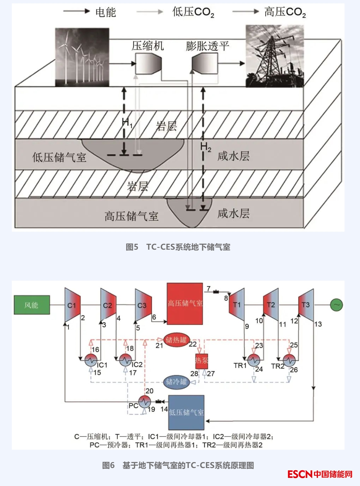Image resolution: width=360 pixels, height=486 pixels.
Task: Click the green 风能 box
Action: point(32,305)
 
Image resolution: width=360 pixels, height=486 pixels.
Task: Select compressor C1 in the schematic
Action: point(73,305)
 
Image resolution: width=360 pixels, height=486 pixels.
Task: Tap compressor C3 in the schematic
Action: point(143,305)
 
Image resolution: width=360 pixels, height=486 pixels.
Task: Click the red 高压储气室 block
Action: point(185,304)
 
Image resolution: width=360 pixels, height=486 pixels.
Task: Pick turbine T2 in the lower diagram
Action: point(271,305)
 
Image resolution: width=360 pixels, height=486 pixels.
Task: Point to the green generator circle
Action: point(336,305)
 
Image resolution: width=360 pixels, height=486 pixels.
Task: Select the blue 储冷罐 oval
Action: point(176,382)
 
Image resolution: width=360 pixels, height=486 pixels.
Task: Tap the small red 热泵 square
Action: point(202,361)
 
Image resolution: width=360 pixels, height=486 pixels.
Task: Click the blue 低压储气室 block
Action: point(186,412)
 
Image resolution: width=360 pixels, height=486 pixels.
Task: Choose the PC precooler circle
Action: point(144,402)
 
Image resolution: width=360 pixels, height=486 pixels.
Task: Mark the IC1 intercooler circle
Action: point(91,360)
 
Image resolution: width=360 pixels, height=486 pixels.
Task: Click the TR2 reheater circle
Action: point(289,360)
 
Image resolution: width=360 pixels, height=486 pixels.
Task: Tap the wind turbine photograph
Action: point(82,57)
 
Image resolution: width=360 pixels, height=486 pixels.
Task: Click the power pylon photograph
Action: point(274,56)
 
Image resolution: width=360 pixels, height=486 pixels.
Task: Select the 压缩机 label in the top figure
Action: point(148,46)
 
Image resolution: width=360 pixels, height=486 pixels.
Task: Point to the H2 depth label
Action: point(206,147)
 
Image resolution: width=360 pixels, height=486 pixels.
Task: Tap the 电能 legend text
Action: point(106,12)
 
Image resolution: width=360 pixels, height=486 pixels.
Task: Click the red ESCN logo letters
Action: point(300,474)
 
